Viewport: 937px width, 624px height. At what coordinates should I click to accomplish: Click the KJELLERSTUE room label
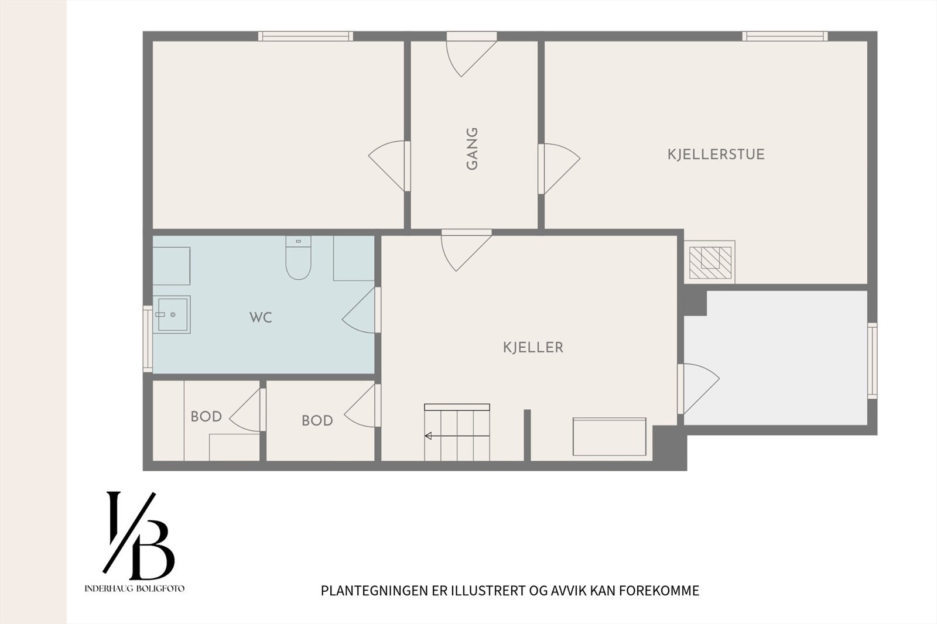(x=716, y=155)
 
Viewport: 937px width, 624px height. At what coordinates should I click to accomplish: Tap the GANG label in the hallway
(x=472, y=149)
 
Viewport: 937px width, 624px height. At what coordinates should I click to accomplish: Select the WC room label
(x=261, y=317)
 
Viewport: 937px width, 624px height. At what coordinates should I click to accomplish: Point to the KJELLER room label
(x=533, y=348)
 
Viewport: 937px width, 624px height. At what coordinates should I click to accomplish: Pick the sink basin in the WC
(x=172, y=314)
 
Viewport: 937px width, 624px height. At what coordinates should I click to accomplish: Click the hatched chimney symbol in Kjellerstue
(x=710, y=262)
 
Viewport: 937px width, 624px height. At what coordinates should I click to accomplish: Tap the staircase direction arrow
(x=457, y=436)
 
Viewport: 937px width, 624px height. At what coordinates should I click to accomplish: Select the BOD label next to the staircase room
(x=317, y=421)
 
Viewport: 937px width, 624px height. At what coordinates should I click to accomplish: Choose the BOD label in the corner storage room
(x=206, y=417)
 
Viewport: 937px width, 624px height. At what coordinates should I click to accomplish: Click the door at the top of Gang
(x=471, y=54)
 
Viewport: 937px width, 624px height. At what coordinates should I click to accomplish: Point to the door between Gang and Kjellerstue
(x=559, y=169)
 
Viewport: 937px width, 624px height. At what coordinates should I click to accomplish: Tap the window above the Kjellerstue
(x=785, y=36)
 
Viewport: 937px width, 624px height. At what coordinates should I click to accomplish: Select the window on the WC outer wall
(x=148, y=339)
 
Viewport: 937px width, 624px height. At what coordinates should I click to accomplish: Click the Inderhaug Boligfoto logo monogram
(x=139, y=536)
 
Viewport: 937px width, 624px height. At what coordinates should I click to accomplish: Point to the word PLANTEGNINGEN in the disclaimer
(x=375, y=591)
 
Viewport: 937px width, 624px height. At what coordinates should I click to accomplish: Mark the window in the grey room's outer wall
(x=872, y=361)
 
